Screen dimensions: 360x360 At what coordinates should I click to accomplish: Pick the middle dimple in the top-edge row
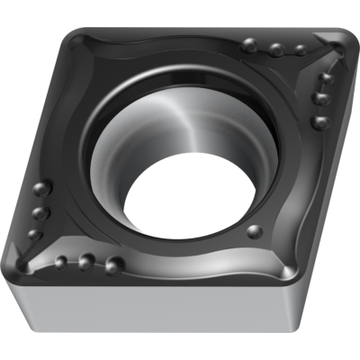tap(276, 49)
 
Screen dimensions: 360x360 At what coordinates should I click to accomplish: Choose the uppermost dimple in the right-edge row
tap(327, 78)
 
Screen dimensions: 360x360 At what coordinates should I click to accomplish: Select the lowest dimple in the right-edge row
tap(319, 121)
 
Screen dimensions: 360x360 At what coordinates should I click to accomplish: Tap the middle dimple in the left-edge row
tap(40, 213)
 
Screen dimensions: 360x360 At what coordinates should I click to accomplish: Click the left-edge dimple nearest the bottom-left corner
tap(35, 235)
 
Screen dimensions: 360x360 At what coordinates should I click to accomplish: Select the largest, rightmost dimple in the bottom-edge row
tap(114, 264)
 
